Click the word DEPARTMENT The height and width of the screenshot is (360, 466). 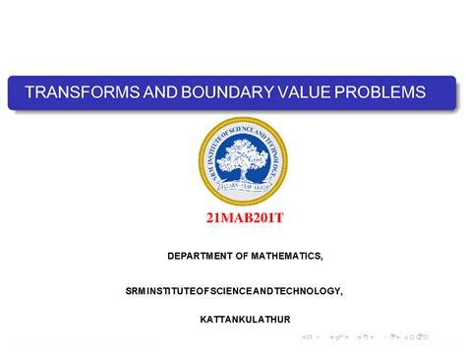coord(202,256)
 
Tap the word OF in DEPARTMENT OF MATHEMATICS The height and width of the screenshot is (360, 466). coord(244,256)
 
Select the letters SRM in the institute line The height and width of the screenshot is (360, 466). coord(134,291)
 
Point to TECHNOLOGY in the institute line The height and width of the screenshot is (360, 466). coord(309,291)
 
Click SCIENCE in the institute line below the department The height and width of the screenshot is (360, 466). coord(229,291)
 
